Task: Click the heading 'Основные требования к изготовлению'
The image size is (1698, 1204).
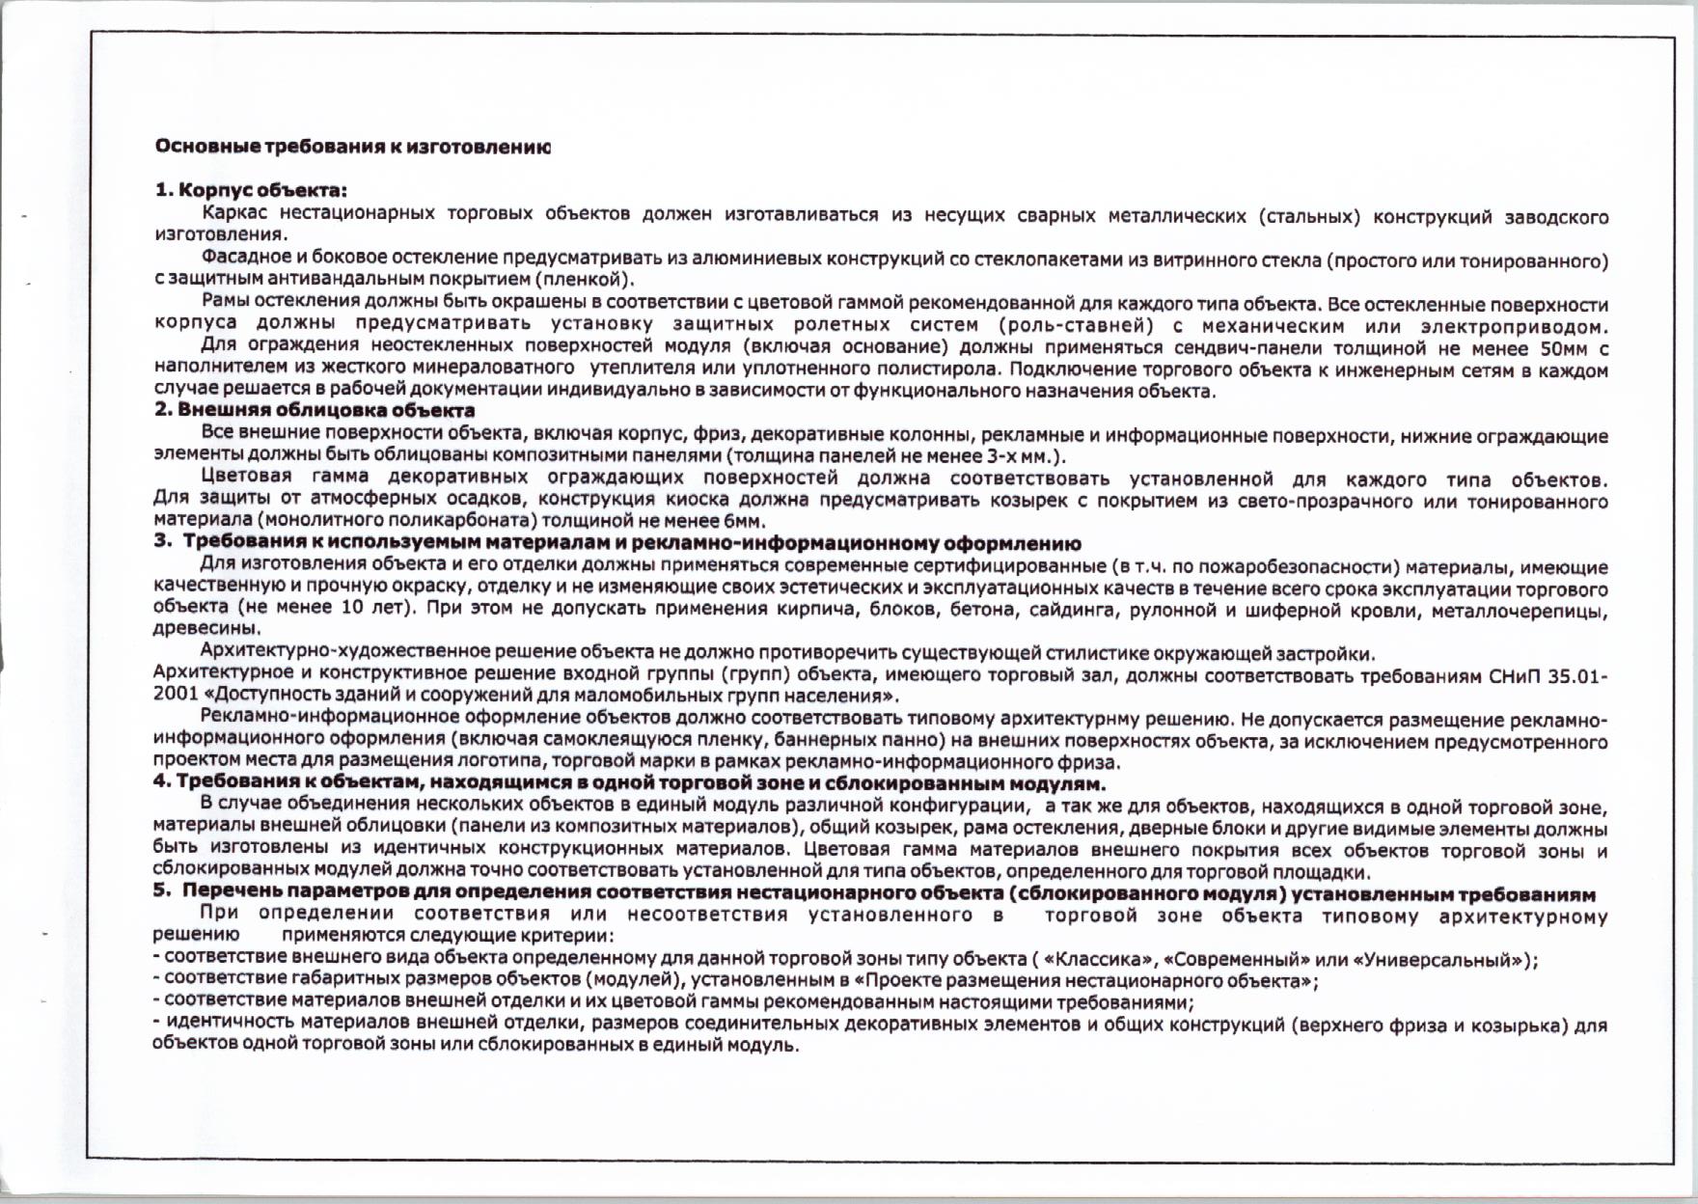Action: coord(353,148)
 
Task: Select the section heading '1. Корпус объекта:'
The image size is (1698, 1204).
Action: coord(251,191)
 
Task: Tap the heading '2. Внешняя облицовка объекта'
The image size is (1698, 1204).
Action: coord(315,411)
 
